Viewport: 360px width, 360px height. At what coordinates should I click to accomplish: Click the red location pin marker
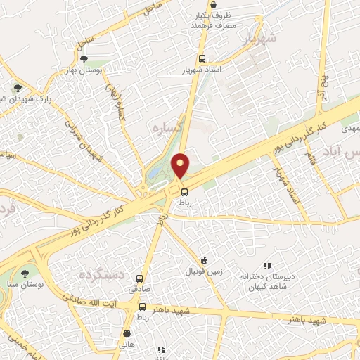click(181, 165)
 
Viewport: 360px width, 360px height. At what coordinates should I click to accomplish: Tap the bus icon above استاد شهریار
click(202, 59)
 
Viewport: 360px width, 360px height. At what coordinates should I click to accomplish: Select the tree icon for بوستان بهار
click(84, 60)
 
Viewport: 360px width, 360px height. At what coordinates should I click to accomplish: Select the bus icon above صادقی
click(139, 278)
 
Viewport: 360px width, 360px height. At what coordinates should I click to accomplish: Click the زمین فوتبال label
click(204, 271)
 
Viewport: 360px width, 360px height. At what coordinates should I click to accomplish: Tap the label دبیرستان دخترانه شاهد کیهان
click(266, 281)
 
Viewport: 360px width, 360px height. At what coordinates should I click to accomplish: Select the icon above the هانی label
click(127, 334)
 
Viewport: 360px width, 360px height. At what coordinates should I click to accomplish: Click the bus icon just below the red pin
click(184, 191)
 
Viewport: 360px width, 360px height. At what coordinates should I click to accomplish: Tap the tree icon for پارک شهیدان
click(18, 89)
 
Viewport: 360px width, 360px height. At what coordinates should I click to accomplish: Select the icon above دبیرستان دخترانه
click(267, 266)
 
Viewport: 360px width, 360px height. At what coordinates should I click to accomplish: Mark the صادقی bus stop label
click(139, 289)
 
